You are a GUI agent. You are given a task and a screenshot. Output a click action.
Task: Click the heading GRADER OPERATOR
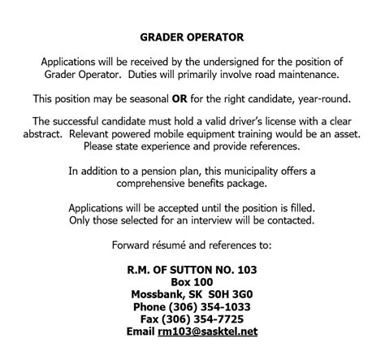click(192, 37)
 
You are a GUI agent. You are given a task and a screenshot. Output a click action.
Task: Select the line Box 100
click(192, 282)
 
